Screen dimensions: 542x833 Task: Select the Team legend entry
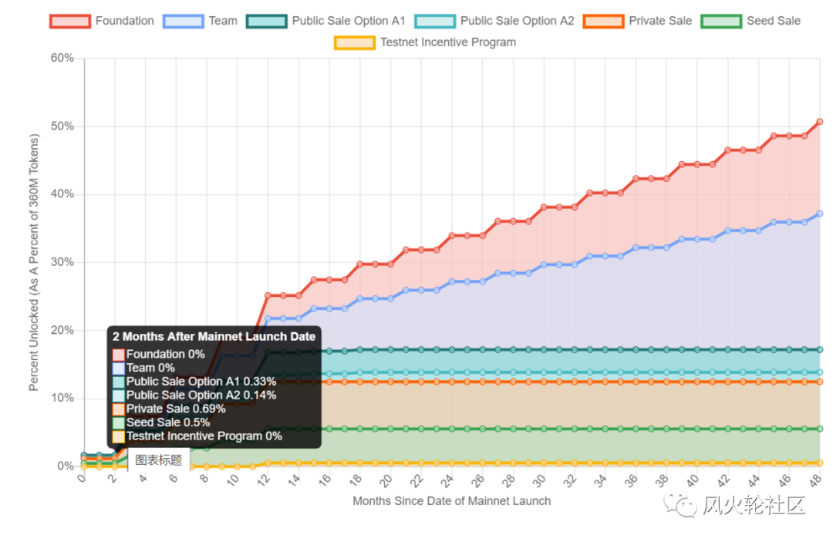click(x=204, y=21)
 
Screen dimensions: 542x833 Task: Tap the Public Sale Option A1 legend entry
click(x=325, y=21)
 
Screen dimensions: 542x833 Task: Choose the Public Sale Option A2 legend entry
click(x=494, y=21)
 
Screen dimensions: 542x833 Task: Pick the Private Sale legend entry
click(x=638, y=21)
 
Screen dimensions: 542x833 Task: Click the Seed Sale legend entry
click(x=751, y=21)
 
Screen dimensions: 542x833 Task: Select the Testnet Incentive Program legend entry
click(x=426, y=42)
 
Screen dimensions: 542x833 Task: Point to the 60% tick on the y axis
click(x=62, y=58)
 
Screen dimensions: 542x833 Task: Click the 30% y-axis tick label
click(x=62, y=262)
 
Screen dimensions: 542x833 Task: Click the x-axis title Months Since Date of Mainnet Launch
click(x=452, y=501)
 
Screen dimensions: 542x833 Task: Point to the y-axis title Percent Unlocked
click(x=34, y=262)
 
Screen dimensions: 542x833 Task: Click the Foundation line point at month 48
click(x=820, y=122)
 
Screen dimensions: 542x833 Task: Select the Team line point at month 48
click(x=820, y=214)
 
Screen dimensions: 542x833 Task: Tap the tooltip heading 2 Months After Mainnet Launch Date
click(x=214, y=336)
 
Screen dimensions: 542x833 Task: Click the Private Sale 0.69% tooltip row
click(x=176, y=409)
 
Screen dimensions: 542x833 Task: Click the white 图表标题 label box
click(x=159, y=460)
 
